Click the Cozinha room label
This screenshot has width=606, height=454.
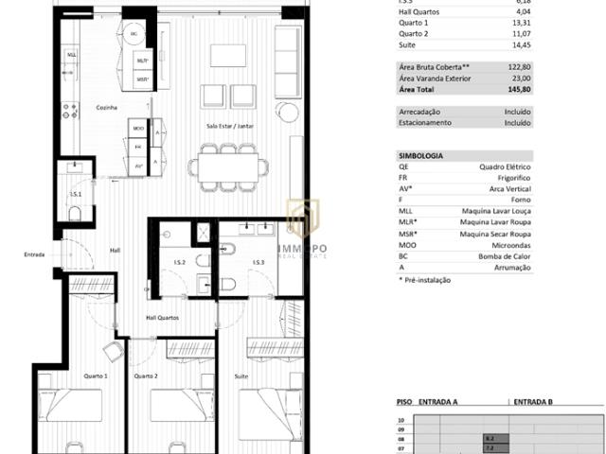click(105, 108)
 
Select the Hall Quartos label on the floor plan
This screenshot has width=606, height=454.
click(161, 318)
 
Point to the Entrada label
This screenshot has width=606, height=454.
click(34, 254)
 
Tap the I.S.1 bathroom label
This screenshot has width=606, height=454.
click(75, 196)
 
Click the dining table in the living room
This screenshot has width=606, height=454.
click(227, 168)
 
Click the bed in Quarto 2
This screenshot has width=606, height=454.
click(181, 406)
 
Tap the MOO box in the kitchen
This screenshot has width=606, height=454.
click(139, 128)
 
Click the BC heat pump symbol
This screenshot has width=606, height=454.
click(134, 34)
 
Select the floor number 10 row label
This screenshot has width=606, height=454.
click(401, 419)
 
